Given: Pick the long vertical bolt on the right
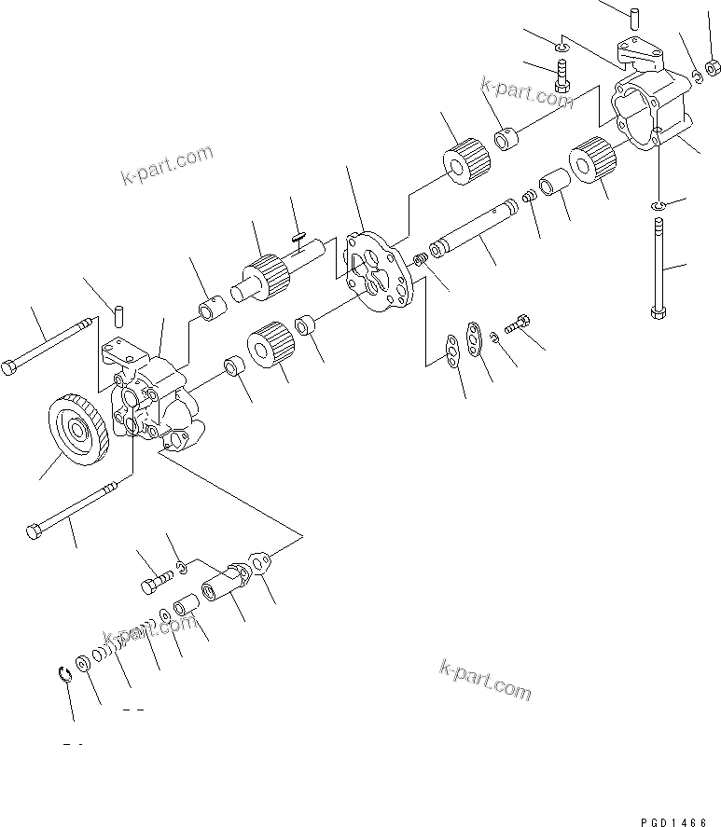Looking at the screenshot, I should point(658,269).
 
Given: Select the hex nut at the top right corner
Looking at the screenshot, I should point(711,67).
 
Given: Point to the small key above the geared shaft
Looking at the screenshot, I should point(298,236).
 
